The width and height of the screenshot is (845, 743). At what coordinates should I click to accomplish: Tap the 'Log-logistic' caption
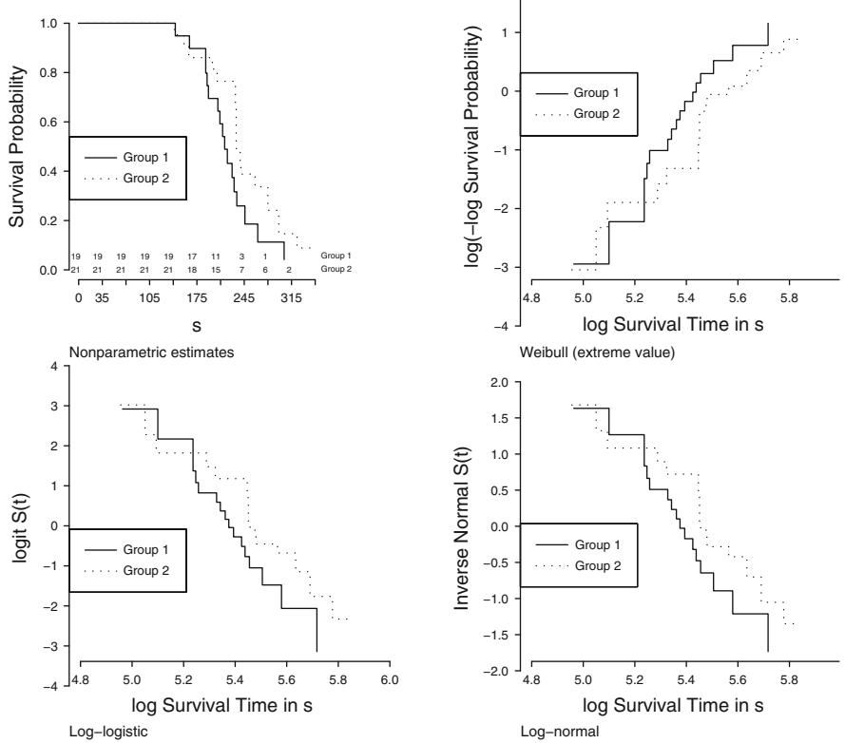98,733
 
